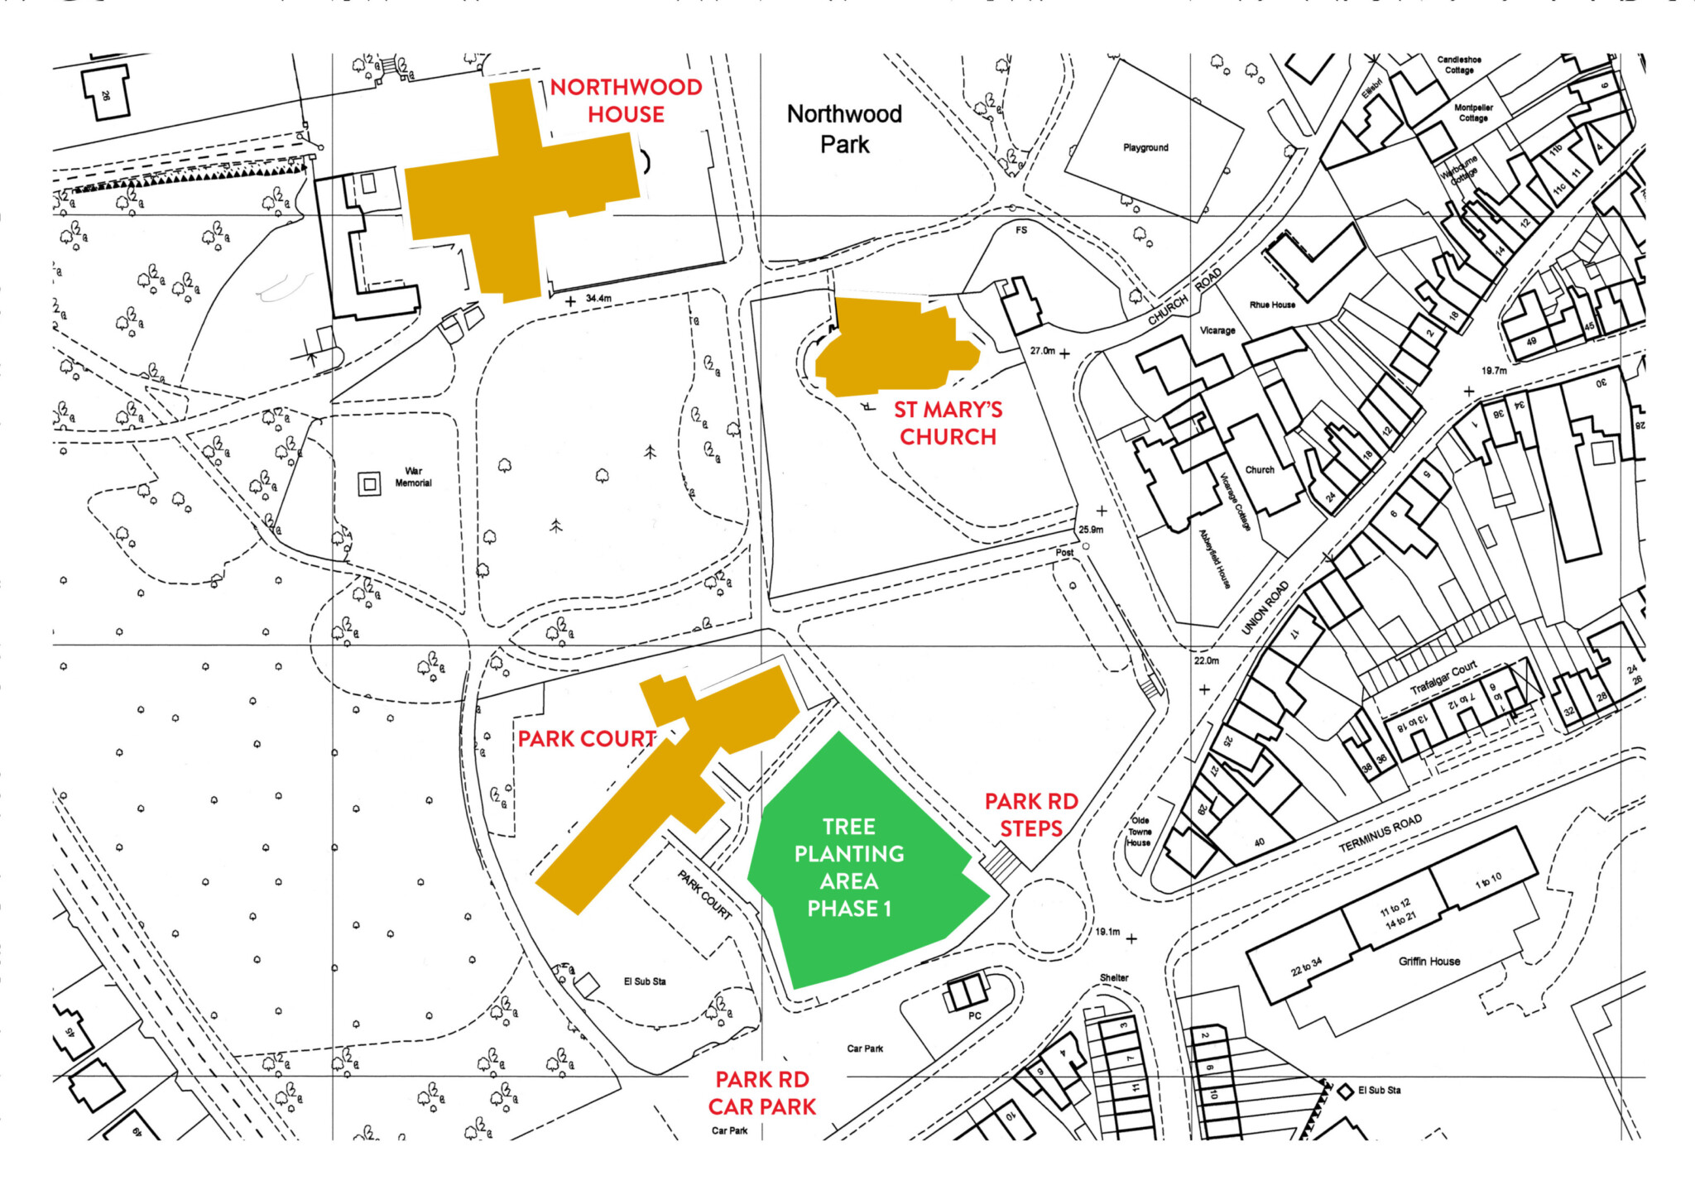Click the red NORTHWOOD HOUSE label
tap(626, 100)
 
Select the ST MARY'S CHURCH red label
tap(948, 423)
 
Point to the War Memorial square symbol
tap(369, 484)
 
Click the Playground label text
tap(1145, 147)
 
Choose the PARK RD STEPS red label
tap(1031, 814)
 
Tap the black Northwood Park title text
tap(844, 128)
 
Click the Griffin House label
tap(1429, 961)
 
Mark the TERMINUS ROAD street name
tap(1380, 832)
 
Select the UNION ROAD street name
tap(1265, 607)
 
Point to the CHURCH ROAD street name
tap(1184, 297)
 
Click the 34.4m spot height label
tap(598, 298)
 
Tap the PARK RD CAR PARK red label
tap(761, 1092)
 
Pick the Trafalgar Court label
tap(1443, 677)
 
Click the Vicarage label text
tap(1217, 330)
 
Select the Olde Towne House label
tap(1139, 832)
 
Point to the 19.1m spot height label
tap(1107, 932)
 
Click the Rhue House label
tap(1272, 305)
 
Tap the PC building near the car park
tap(967, 992)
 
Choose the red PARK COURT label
tap(587, 738)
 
